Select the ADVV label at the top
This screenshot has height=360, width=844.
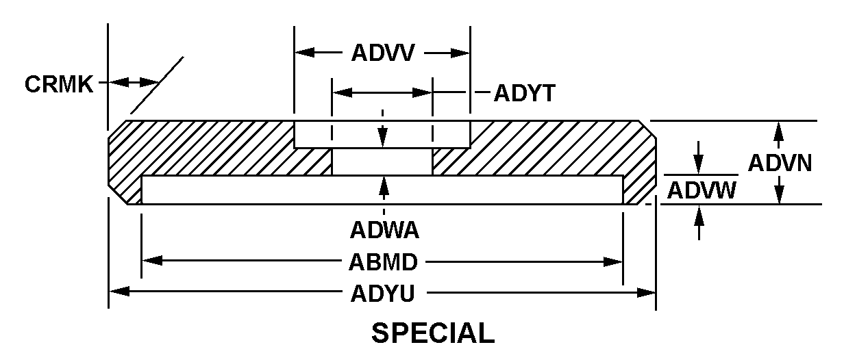tap(383, 53)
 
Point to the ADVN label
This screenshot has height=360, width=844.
tap(780, 163)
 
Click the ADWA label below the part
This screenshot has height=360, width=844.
tap(384, 229)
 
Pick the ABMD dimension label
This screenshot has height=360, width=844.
tap(384, 261)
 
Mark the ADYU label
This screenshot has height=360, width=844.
tap(383, 293)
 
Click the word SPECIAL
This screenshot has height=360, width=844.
tap(432, 333)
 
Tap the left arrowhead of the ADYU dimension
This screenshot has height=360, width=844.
tap(118, 292)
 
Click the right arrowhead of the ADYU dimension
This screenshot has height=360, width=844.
tap(647, 292)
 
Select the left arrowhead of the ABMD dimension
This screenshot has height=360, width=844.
tap(151, 261)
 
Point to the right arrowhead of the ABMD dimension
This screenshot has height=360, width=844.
tap(614, 261)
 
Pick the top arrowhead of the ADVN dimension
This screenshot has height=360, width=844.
tap(778, 129)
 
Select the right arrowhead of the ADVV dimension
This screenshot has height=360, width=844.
tap(461, 53)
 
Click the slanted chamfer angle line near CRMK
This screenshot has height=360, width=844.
tap(157, 85)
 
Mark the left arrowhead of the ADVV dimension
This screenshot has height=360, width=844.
tap(303, 53)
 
